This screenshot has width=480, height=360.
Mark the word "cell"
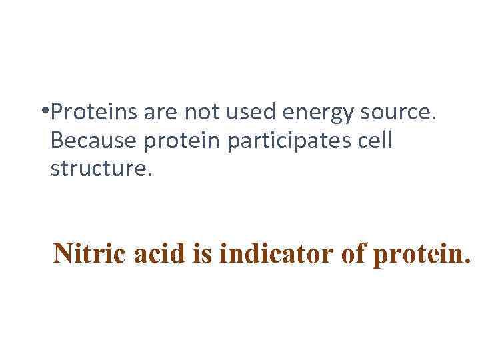click(x=379, y=141)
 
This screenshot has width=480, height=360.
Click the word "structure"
click(x=99, y=169)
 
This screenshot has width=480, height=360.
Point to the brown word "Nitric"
click(x=81, y=254)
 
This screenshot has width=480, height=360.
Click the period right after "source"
click(x=435, y=121)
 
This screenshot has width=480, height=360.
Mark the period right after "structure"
click(x=150, y=175)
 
